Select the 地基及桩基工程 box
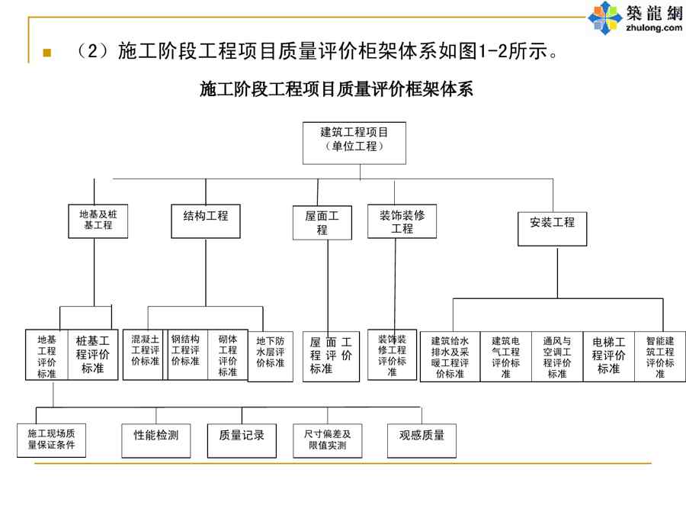pyautogui.click(x=98, y=220)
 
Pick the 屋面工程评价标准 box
pyautogui.click(x=331, y=356)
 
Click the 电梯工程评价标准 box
pyautogui.click(x=608, y=356)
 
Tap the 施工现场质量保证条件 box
pyautogui.click(x=51, y=439)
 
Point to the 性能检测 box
pyautogui.click(x=156, y=436)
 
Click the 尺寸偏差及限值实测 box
pyautogui.click(x=327, y=439)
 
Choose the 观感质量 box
pyautogui.click(x=422, y=436)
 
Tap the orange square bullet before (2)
pyautogui.click(x=46, y=54)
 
